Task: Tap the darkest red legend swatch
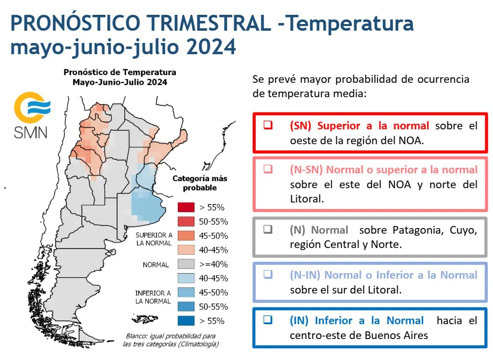pyautogui.click(x=186, y=207)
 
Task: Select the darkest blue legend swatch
pyautogui.click(x=186, y=321)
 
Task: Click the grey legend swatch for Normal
pyautogui.click(x=186, y=264)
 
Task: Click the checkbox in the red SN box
pyautogui.click(x=268, y=125)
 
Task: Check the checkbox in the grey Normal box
pyautogui.click(x=268, y=230)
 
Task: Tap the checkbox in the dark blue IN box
pyautogui.click(x=268, y=321)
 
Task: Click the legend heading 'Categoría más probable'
pyautogui.click(x=199, y=183)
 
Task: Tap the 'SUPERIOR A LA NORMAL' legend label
pyautogui.click(x=153, y=239)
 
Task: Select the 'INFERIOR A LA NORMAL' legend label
pyautogui.click(x=153, y=297)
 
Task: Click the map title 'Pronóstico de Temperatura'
pyautogui.click(x=120, y=73)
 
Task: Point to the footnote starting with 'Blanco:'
pyautogui.click(x=170, y=340)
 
